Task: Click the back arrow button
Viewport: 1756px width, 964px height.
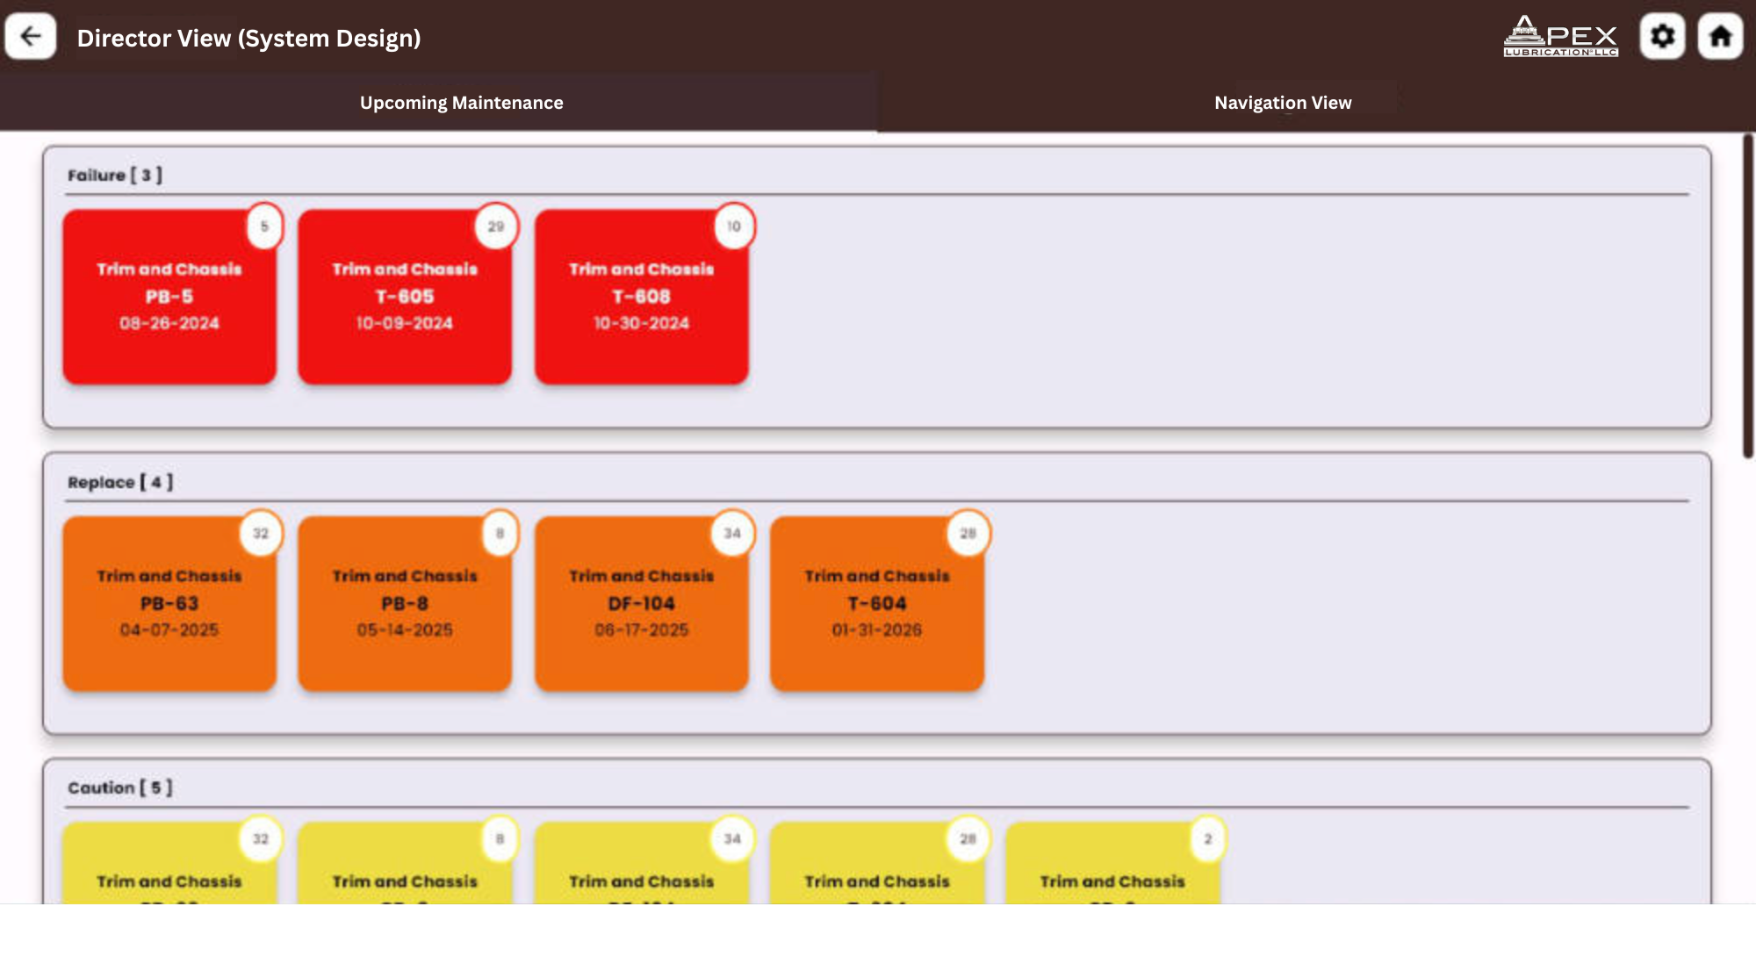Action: pos(31,37)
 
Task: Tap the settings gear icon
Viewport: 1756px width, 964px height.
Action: pos(1662,37)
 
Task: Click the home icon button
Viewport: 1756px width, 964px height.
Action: pos(1720,37)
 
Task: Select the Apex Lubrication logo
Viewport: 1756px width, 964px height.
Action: pos(1560,37)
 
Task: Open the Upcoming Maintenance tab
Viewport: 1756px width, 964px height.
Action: pos(461,103)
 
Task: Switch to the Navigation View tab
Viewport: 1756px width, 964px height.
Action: pos(1283,103)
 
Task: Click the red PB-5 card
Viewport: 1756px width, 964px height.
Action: pos(169,297)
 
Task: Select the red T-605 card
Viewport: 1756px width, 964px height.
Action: pos(405,297)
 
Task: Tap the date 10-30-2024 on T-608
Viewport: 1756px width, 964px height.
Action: pos(641,323)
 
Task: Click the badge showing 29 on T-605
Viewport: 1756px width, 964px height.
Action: pos(496,227)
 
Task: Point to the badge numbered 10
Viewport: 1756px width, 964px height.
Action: pos(733,227)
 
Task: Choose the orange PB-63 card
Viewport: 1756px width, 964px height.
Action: pos(169,603)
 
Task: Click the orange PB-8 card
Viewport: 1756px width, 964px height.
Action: pos(405,603)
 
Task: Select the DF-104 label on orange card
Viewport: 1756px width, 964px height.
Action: pos(641,603)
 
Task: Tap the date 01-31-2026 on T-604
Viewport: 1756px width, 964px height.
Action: pos(876,629)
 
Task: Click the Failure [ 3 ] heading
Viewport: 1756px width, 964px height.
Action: pos(115,176)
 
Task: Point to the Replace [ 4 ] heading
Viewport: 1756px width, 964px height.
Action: pos(120,482)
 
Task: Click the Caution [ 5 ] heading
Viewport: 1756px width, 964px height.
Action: pos(120,788)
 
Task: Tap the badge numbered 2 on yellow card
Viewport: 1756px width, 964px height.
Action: pos(1207,839)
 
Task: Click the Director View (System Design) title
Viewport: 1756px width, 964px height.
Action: pos(248,39)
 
